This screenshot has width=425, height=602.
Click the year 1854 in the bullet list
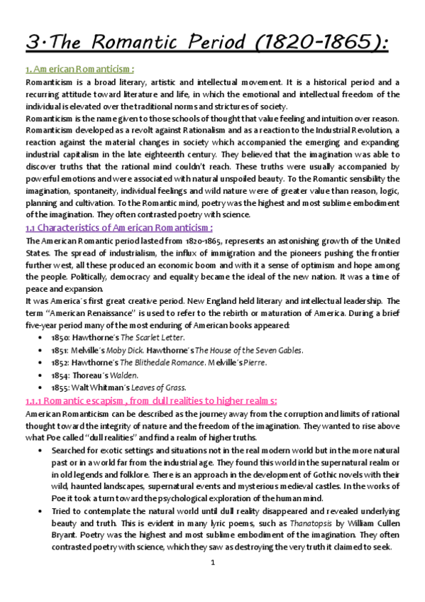[x=62, y=375]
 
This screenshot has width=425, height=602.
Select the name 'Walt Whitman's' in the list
[x=100, y=388]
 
